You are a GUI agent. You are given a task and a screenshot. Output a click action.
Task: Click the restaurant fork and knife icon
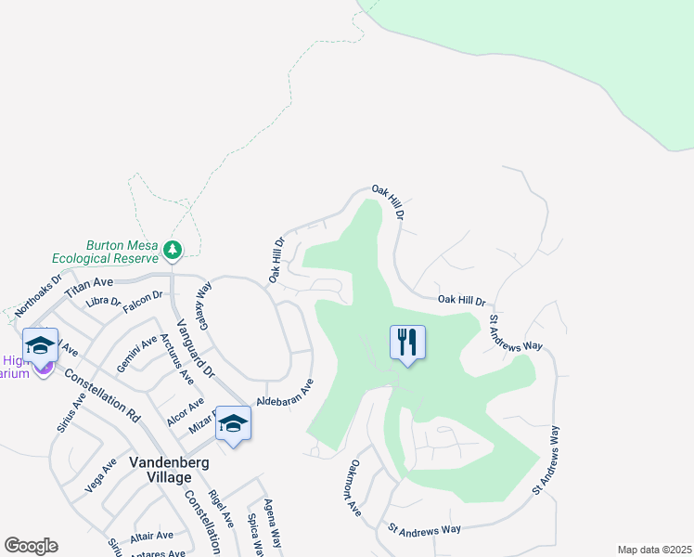point(406,343)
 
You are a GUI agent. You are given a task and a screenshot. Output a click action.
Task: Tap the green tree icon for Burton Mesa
point(172,250)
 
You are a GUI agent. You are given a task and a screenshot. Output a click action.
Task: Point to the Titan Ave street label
point(88,281)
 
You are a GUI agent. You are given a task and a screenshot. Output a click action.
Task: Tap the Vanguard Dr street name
point(196,344)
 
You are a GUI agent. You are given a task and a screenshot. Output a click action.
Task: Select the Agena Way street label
point(272,521)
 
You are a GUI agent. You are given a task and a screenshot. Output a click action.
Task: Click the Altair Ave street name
point(152,535)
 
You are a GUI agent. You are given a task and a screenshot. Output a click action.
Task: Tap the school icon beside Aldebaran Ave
point(233,424)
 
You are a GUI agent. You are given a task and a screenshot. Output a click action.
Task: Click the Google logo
point(31,546)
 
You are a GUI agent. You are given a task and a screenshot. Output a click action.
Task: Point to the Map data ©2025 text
point(654,550)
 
